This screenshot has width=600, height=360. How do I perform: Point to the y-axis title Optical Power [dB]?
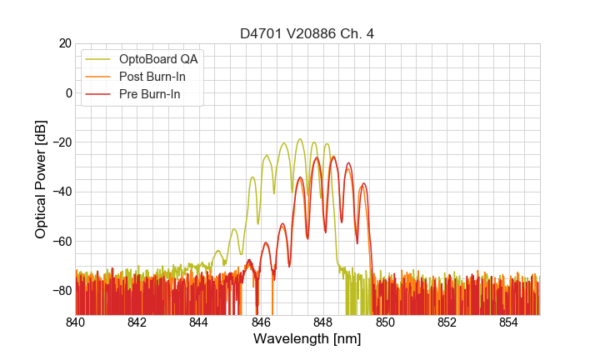[x=41, y=179]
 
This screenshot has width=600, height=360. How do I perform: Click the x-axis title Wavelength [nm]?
[x=307, y=339]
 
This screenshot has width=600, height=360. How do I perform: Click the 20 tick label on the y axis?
[x=63, y=43]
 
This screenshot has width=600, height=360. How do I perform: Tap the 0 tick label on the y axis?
[x=67, y=92]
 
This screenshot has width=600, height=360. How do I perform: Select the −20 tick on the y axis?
[x=59, y=142]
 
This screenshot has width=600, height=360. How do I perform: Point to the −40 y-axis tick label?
[x=59, y=192]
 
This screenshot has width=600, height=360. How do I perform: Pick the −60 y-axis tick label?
[x=59, y=242]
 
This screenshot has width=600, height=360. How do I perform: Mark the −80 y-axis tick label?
[x=59, y=291]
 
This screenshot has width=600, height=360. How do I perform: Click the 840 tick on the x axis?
[x=76, y=322]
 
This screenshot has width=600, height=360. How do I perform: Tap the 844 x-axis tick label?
[x=199, y=322]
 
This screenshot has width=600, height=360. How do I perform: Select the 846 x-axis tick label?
[x=261, y=322]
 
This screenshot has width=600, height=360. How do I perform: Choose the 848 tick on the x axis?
[x=323, y=322]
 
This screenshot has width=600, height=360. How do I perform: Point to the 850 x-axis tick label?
[x=385, y=322]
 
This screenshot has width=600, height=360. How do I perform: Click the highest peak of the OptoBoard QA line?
[x=299, y=139]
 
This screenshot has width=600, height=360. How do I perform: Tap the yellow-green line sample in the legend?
[x=98, y=59]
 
